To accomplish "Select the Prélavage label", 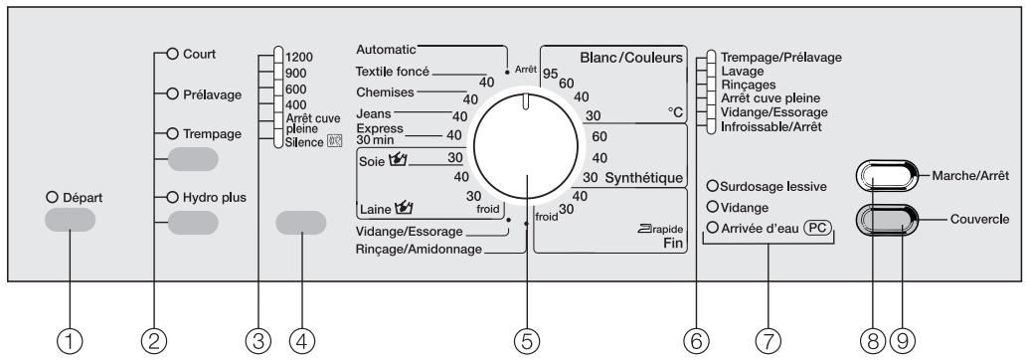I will click(x=212, y=94).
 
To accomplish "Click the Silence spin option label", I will click(x=304, y=142).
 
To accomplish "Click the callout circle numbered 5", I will click(x=528, y=342).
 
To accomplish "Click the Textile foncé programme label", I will click(x=393, y=71).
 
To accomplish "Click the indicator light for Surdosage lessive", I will click(x=712, y=186).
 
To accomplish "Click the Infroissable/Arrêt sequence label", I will click(x=770, y=128).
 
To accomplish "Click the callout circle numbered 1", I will click(x=70, y=342).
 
